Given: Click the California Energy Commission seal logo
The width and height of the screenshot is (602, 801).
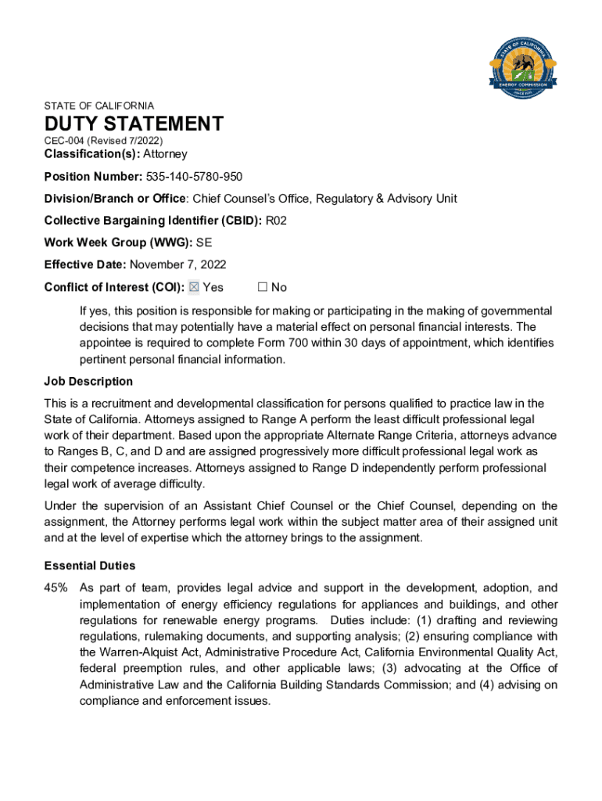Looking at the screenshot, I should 522,65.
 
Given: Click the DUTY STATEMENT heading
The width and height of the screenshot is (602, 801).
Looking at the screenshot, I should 134,124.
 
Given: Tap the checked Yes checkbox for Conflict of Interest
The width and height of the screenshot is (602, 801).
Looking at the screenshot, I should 195,287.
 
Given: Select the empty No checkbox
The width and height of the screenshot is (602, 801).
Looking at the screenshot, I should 263,287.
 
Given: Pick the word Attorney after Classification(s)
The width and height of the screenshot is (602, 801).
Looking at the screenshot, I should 165,154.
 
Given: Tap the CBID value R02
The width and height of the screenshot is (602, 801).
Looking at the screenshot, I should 277,221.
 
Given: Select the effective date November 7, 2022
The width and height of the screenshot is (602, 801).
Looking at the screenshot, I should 178,264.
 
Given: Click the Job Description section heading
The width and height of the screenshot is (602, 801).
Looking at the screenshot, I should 88,382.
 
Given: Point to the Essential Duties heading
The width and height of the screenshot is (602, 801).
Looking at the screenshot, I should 90,566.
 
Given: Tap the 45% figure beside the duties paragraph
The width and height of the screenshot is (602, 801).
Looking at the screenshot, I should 56,587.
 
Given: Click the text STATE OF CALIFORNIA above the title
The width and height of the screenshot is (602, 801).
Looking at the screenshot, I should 99,106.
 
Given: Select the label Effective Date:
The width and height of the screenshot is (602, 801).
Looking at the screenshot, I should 85,264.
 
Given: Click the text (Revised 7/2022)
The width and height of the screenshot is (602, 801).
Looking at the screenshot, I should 125,140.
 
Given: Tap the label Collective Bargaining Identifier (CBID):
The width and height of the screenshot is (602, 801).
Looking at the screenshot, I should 153,221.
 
